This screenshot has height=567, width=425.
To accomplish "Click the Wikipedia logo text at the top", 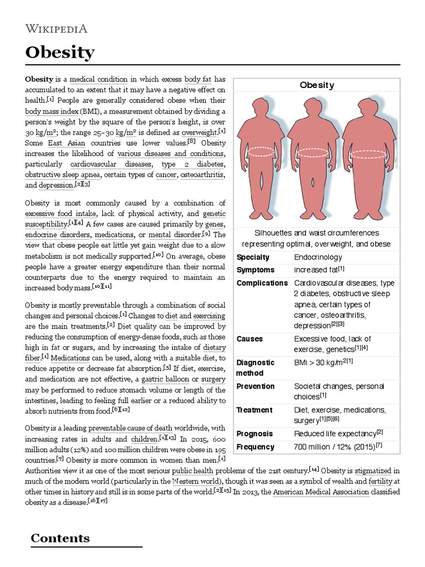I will coord(56,29).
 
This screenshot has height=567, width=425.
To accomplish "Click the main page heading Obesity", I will coord(60,53).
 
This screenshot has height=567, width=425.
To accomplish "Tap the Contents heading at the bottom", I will coord(60,538).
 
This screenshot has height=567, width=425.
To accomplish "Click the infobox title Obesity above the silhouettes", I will coord(317,85).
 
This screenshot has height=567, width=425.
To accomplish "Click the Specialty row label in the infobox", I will coord(253,257).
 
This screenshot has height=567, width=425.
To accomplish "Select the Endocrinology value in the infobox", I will coord(318,257).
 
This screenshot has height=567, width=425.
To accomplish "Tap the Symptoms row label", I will coord(255,270).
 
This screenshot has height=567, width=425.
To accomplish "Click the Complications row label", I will coord(262,283).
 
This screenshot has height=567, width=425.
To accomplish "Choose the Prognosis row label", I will coord(255,434).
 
